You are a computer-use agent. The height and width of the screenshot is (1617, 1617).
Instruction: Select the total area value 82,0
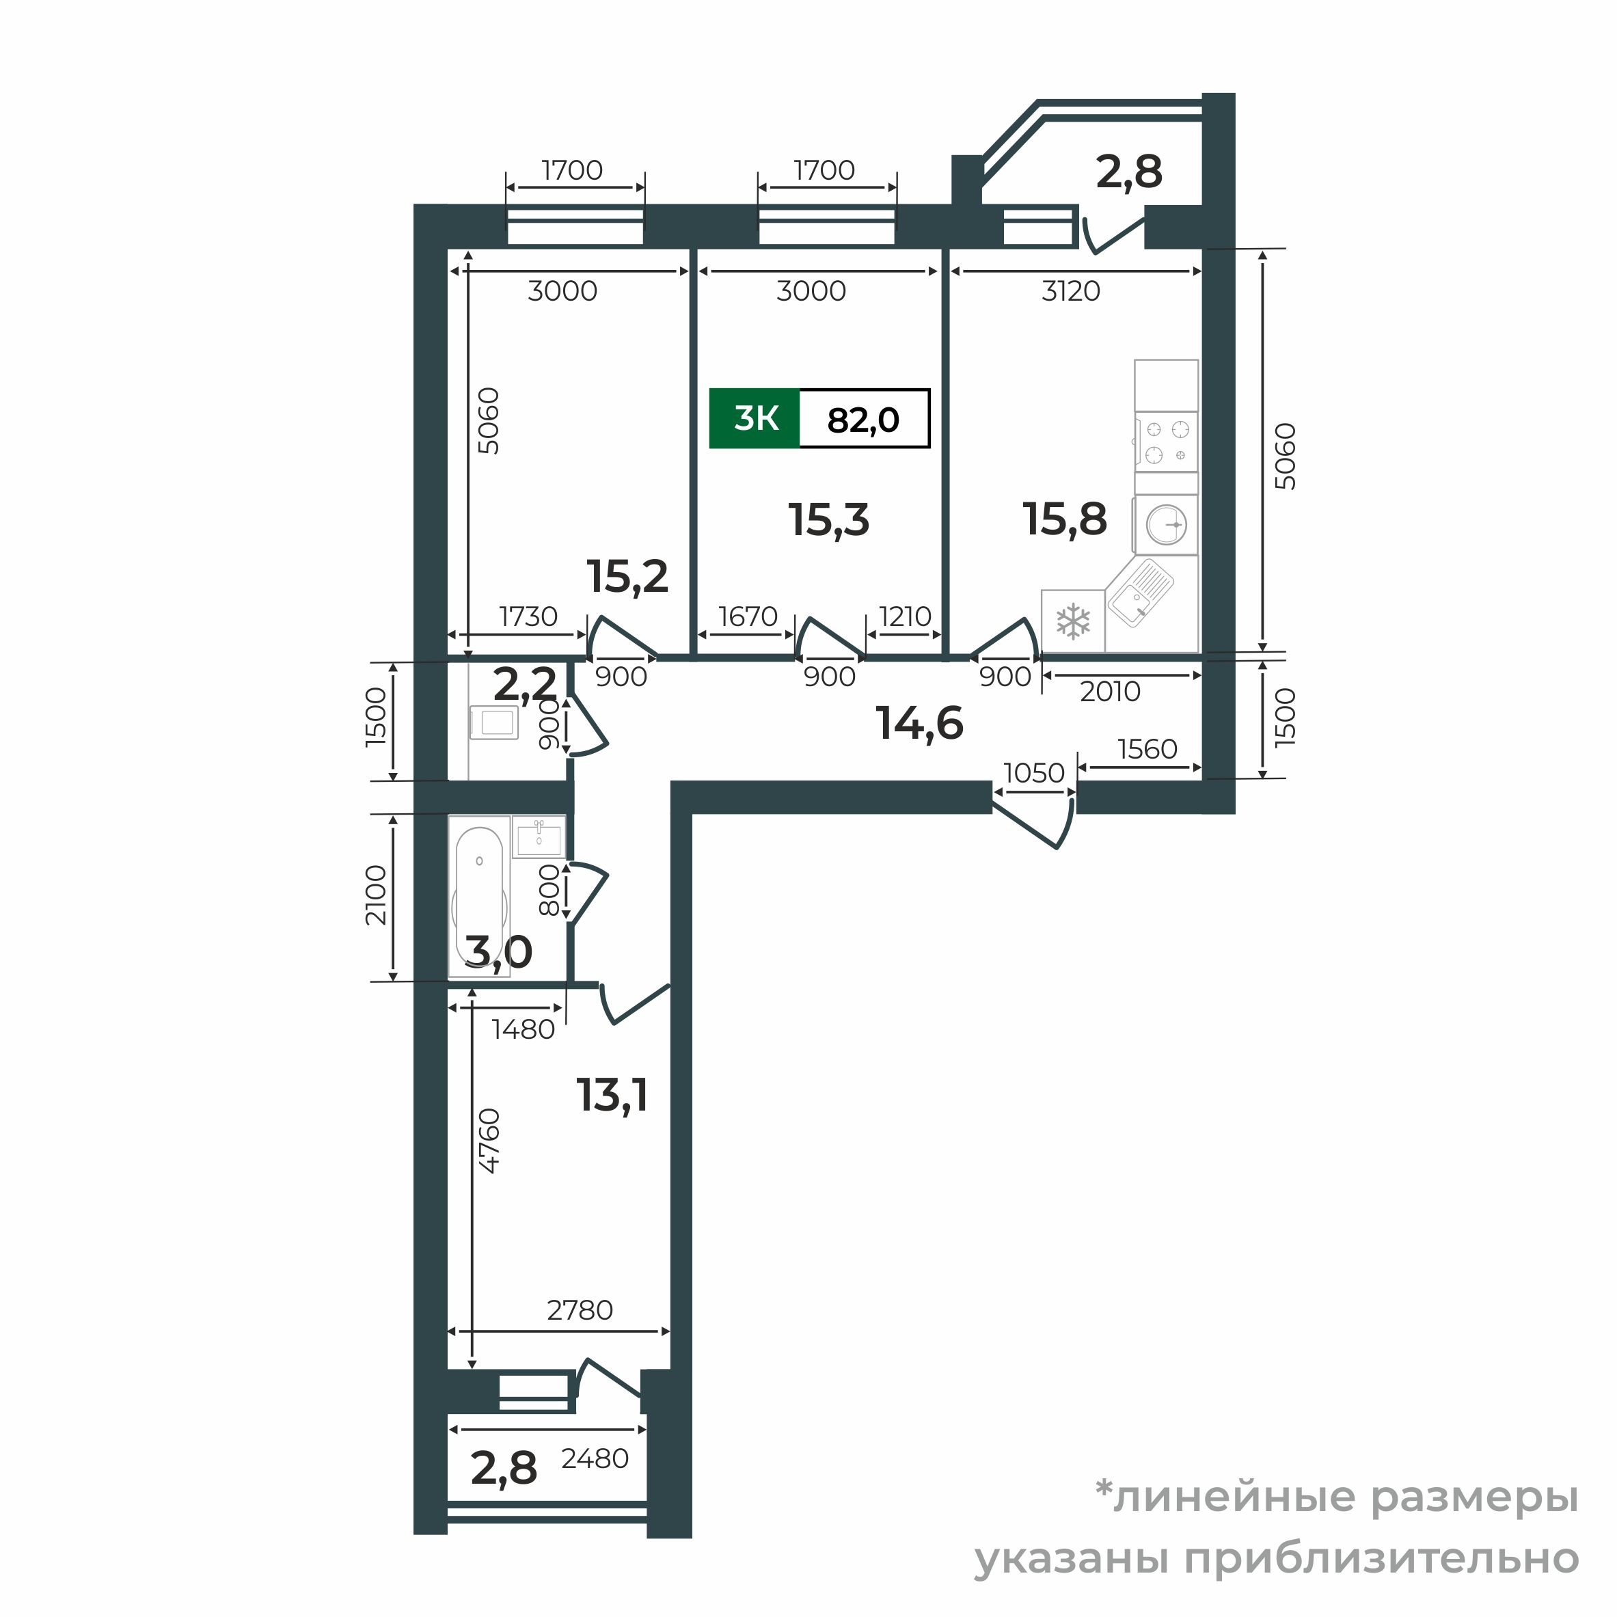863,420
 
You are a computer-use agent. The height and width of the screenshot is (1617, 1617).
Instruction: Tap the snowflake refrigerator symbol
1073,622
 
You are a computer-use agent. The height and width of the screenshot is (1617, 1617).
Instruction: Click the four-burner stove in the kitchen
1167,441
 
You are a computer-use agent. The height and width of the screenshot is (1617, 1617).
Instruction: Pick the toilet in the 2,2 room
494,722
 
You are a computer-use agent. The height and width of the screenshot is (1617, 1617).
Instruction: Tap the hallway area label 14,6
919,723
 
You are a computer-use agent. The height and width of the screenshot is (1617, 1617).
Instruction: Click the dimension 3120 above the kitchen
1070,291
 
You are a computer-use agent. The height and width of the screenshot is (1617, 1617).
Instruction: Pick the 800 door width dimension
548,891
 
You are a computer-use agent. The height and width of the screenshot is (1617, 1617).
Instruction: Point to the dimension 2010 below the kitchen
1110,692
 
